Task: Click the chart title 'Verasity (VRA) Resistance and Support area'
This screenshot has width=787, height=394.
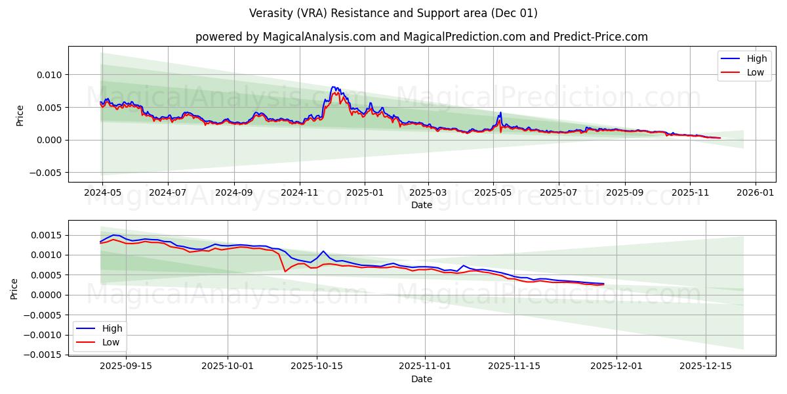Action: (393, 13)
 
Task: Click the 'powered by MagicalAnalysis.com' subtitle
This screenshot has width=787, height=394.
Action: (422, 37)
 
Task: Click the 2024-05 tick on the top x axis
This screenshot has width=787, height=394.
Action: (102, 194)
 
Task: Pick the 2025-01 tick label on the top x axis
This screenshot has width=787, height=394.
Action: (364, 194)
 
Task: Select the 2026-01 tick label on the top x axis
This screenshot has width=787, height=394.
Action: (756, 194)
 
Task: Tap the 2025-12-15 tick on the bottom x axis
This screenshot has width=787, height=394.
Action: (705, 366)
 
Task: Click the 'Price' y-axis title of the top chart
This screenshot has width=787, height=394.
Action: (20, 115)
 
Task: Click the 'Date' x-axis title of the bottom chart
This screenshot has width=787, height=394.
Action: (422, 379)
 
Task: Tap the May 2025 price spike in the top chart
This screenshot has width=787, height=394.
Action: (500, 113)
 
